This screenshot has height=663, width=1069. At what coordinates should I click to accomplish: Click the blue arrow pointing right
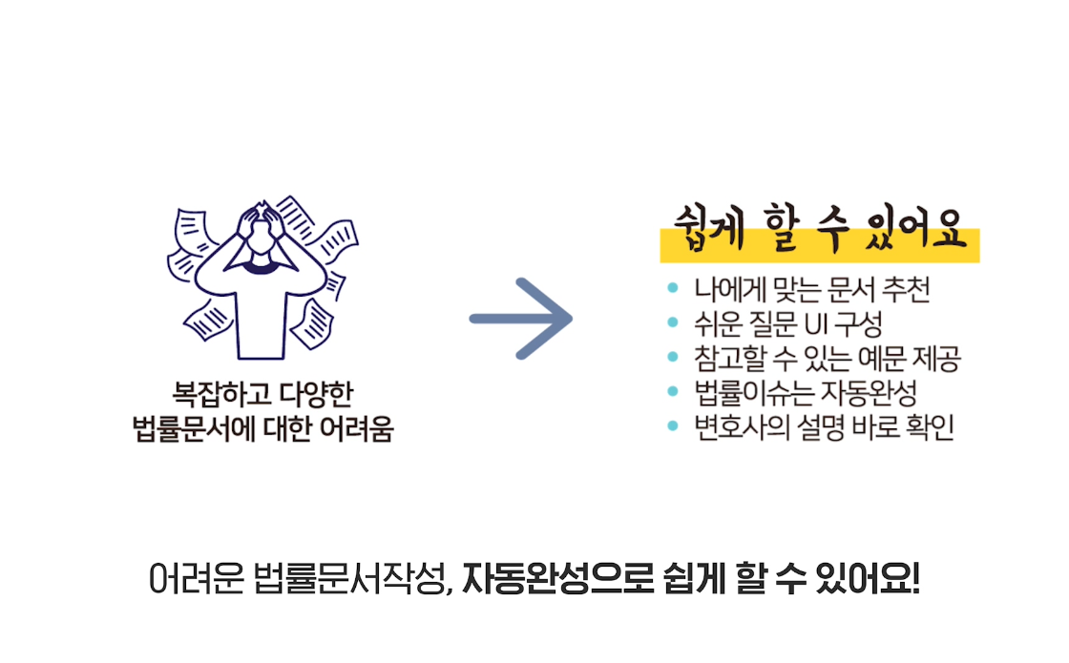click(521, 319)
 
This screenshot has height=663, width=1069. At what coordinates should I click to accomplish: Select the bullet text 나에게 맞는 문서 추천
click(811, 289)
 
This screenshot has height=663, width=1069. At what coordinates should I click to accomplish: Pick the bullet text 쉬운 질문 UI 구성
click(788, 323)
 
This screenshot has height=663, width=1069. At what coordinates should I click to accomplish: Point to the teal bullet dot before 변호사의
click(673, 426)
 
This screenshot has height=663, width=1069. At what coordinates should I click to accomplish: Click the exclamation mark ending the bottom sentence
click(915, 579)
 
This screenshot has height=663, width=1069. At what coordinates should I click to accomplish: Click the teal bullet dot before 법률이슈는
click(673, 392)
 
